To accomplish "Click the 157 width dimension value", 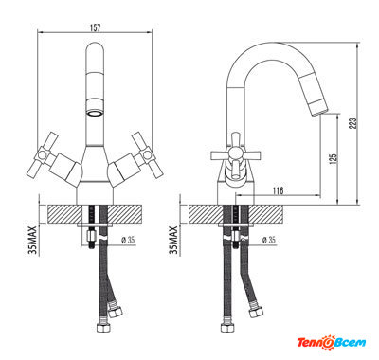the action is (95, 27).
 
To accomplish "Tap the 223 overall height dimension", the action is (352, 123).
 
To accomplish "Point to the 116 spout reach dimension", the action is (278, 190).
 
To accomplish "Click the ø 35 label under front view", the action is (128, 240).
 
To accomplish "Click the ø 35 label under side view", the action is (268, 240).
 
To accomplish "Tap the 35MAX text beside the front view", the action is (33, 241).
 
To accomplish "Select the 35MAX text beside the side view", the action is (173, 241).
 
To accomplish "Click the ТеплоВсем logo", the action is (332, 342).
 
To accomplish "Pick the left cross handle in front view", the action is (43, 154).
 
